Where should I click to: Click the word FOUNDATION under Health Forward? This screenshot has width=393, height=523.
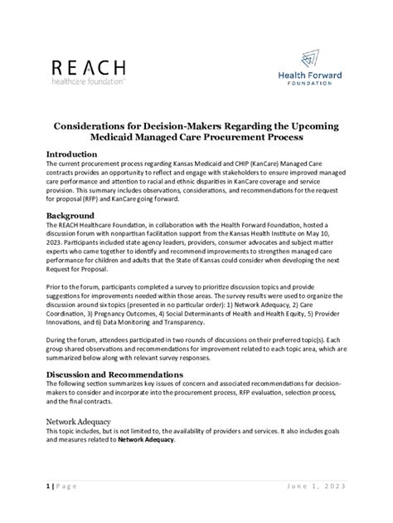[x=313, y=84]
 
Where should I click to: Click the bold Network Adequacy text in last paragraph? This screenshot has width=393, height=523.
[x=146, y=440]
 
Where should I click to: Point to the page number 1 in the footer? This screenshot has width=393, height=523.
[x=48, y=484]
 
